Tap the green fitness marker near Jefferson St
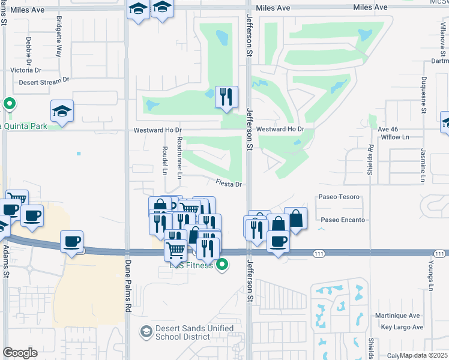[222, 264]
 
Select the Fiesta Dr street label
[229, 184]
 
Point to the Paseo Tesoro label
[339, 197]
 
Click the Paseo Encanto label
[343, 220]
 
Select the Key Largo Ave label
[402, 327]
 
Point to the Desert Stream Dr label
[44, 81]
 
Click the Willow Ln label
[395, 137]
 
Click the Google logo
[20, 353]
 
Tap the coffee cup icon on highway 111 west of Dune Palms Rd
[71, 241]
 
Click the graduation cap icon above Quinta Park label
[62, 111]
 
